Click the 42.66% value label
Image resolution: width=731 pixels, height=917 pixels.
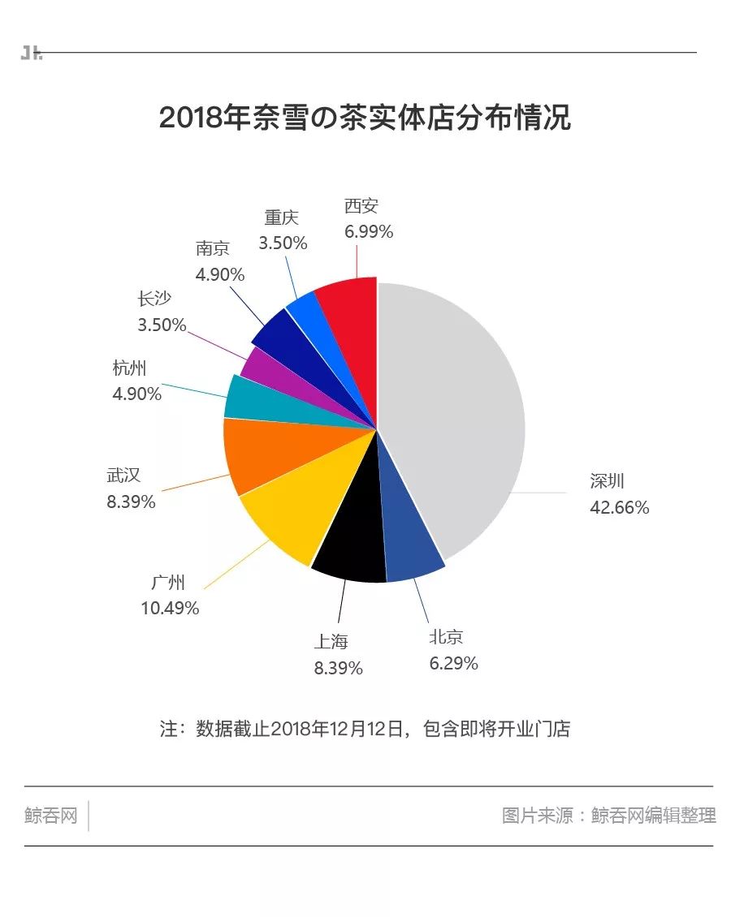click(620, 508)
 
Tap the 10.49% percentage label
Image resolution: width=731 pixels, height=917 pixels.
click(170, 608)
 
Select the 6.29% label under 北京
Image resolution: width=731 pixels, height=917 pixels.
click(453, 664)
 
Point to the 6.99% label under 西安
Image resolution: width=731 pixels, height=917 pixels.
click(369, 232)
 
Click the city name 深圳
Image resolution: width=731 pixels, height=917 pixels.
click(608, 481)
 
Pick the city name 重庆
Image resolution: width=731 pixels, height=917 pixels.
click(282, 217)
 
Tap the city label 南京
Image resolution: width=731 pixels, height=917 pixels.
click(213, 248)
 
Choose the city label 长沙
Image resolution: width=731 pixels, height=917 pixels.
click(154, 299)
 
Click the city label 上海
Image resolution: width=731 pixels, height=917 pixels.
click(331, 642)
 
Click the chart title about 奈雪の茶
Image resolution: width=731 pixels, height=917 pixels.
click(365, 118)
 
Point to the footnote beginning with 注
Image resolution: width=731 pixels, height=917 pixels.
click(365, 729)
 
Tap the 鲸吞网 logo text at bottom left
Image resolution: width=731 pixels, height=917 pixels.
click(50, 816)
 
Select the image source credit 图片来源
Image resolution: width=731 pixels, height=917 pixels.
click(609, 816)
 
